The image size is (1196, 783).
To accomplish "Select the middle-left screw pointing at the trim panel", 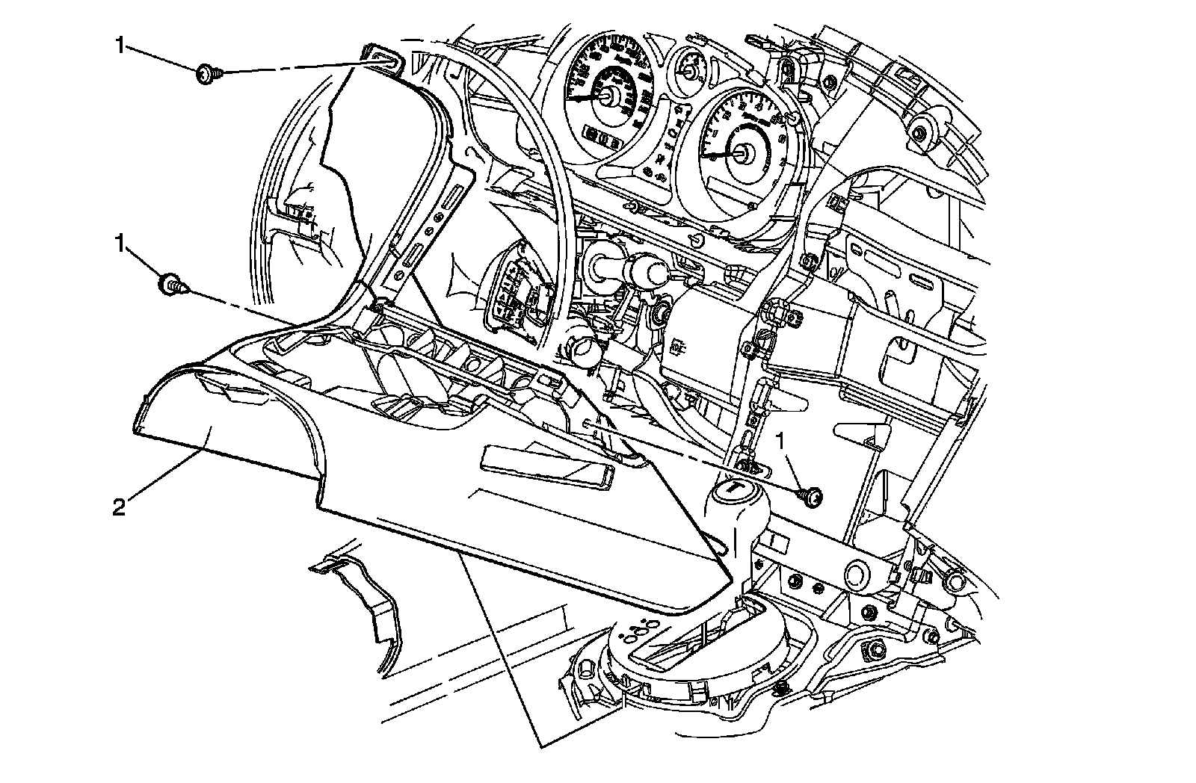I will [172, 284].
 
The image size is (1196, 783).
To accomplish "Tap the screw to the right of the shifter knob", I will [810, 495].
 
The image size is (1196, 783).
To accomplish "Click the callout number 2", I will [118, 508].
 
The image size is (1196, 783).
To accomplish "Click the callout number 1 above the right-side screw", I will [782, 442].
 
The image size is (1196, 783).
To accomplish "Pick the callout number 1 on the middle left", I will [118, 243].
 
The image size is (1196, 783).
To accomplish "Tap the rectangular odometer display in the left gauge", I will [598, 136].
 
